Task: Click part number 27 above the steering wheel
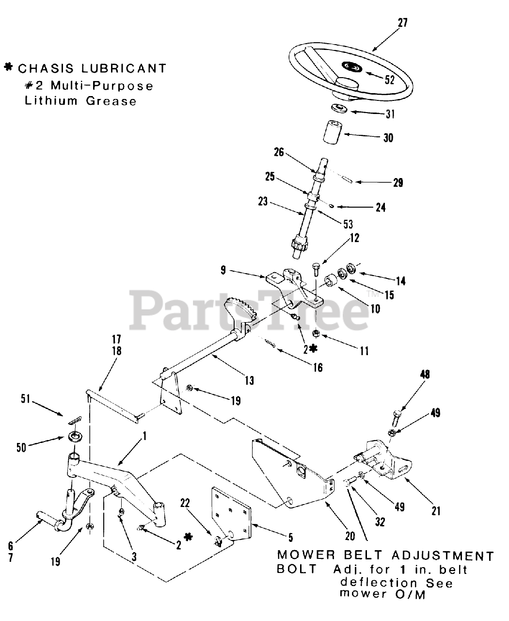[x=403, y=23]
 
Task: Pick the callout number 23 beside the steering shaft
[x=263, y=200]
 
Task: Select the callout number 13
[x=249, y=381]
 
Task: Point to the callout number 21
[x=436, y=510]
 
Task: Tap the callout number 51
[x=26, y=399]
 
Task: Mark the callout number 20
[x=350, y=536]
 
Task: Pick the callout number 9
[x=223, y=270]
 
